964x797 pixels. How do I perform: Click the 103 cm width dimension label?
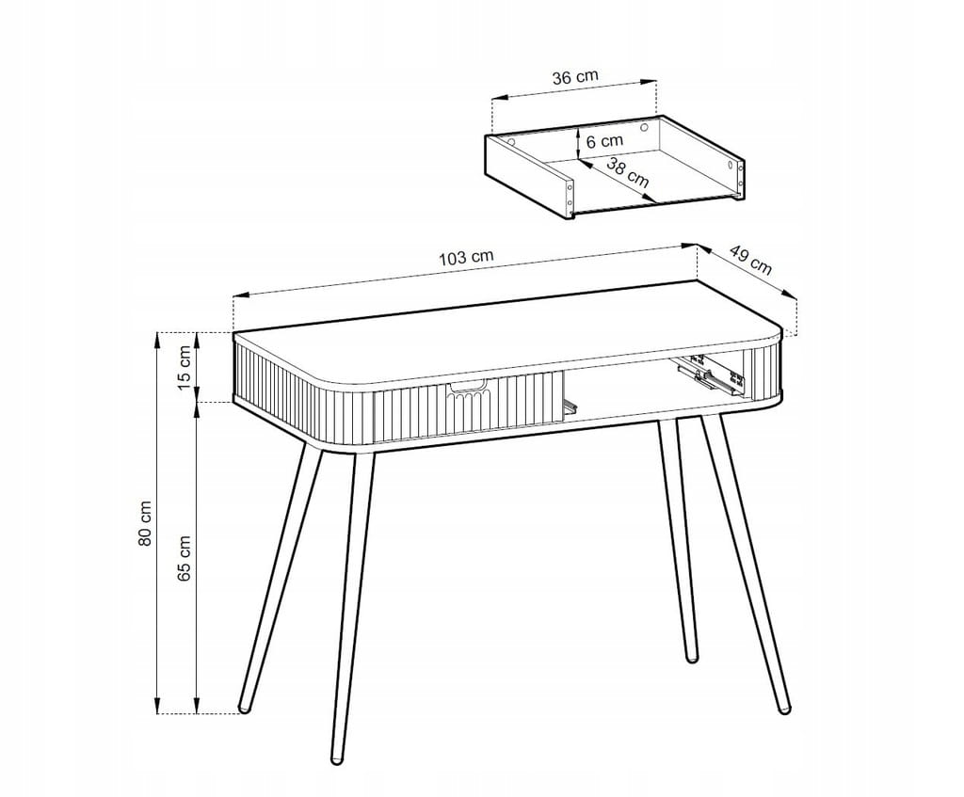(x=466, y=258)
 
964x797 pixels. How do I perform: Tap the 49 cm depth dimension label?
(x=750, y=260)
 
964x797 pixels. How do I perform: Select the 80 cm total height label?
(x=145, y=523)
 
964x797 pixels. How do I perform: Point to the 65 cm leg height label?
(x=185, y=558)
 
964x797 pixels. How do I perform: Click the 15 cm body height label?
(x=185, y=368)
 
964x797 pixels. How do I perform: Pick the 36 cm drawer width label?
(x=575, y=77)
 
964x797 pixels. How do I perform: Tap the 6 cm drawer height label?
(x=605, y=141)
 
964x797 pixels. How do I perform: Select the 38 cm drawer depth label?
(x=628, y=172)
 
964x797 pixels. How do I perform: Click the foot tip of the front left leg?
(x=244, y=709)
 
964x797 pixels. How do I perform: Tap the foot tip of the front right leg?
(x=784, y=709)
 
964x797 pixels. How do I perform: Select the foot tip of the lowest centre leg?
(x=336, y=760)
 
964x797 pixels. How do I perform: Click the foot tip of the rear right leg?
(x=692, y=658)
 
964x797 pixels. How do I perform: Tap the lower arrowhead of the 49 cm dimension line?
(x=790, y=295)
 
